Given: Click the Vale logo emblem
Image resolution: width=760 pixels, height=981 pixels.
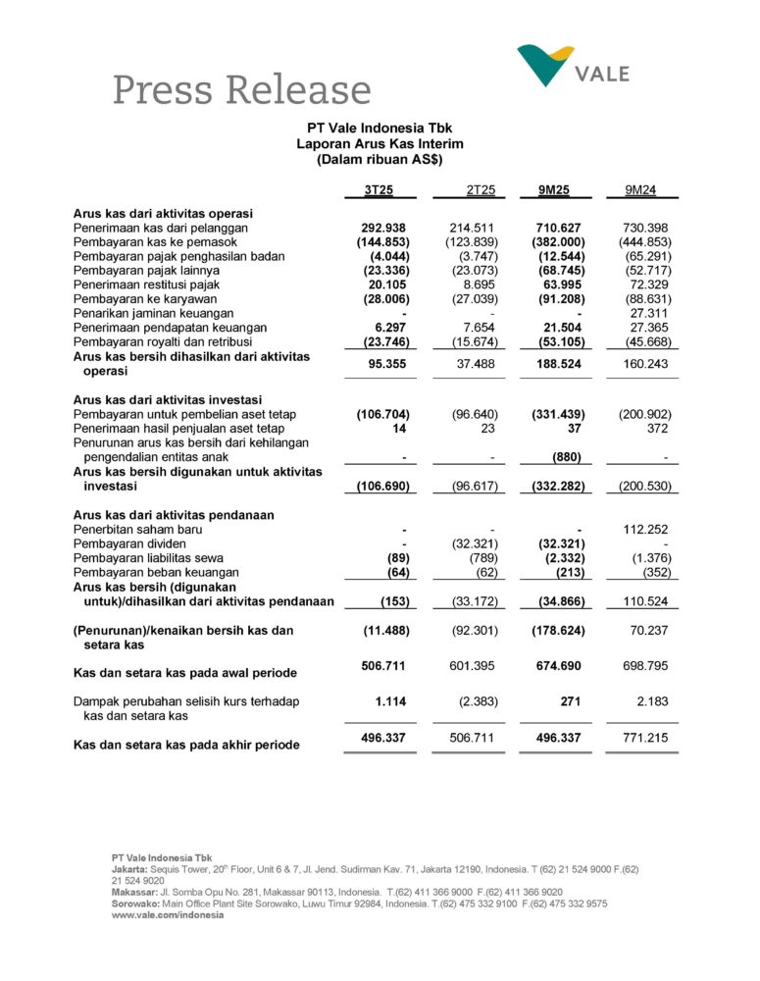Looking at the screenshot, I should (545, 65).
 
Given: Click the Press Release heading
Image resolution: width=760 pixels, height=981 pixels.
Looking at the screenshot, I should (241, 90).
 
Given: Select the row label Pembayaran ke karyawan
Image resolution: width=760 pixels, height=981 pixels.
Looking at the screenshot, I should (141, 298).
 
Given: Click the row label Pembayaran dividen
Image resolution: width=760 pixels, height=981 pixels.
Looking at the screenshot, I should (129, 543).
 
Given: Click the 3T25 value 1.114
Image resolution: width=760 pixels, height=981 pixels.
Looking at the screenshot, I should (390, 701).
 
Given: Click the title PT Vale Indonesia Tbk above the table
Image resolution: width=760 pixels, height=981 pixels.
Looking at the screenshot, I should (379, 128).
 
